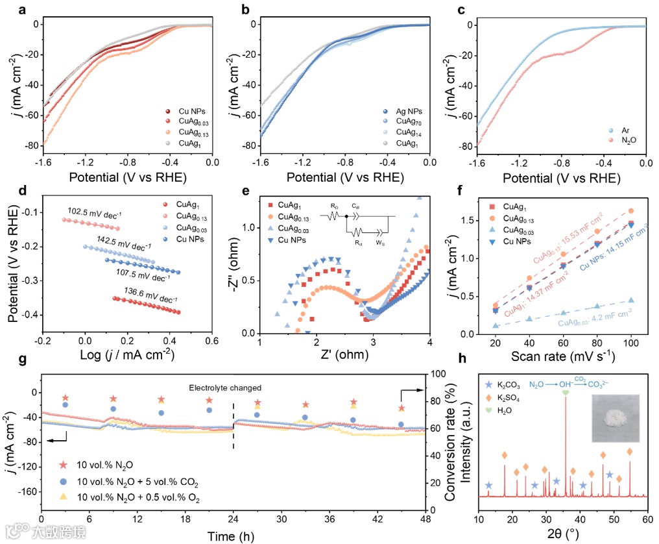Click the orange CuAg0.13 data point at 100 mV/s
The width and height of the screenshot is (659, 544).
[631, 211]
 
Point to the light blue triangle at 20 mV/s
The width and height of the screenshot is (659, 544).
[496, 325]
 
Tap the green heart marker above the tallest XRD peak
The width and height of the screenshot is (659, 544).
[566, 393]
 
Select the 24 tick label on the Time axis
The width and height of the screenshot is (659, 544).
[234, 521]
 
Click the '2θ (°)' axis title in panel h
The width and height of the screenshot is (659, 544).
[563, 536]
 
